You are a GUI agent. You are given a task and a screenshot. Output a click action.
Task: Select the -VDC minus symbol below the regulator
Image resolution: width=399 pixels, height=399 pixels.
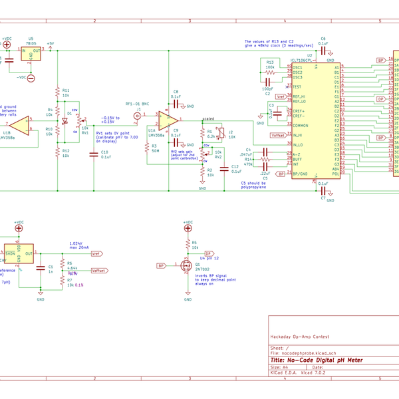point(31,78)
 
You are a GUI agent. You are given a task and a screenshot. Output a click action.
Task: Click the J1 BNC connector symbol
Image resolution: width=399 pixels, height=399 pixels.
point(138,116)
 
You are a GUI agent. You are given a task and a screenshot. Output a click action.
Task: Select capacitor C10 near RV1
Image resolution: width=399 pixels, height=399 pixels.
point(92,154)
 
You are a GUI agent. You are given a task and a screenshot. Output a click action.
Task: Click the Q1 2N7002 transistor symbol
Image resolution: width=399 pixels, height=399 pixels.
point(187,266)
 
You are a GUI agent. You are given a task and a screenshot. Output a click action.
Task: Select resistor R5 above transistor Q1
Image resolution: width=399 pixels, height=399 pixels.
point(188,244)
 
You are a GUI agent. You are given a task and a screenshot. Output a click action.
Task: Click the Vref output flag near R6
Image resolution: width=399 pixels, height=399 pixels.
point(97,254)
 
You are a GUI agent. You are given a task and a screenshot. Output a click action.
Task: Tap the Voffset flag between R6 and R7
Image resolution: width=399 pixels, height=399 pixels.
point(98,271)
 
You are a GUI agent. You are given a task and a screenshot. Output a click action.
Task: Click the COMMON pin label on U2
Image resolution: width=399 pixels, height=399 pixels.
point(301,125)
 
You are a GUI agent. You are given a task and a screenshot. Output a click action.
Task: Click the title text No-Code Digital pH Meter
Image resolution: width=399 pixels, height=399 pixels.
point(317,360)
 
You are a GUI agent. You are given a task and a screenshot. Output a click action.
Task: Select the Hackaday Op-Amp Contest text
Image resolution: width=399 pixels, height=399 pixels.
point(299,338)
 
